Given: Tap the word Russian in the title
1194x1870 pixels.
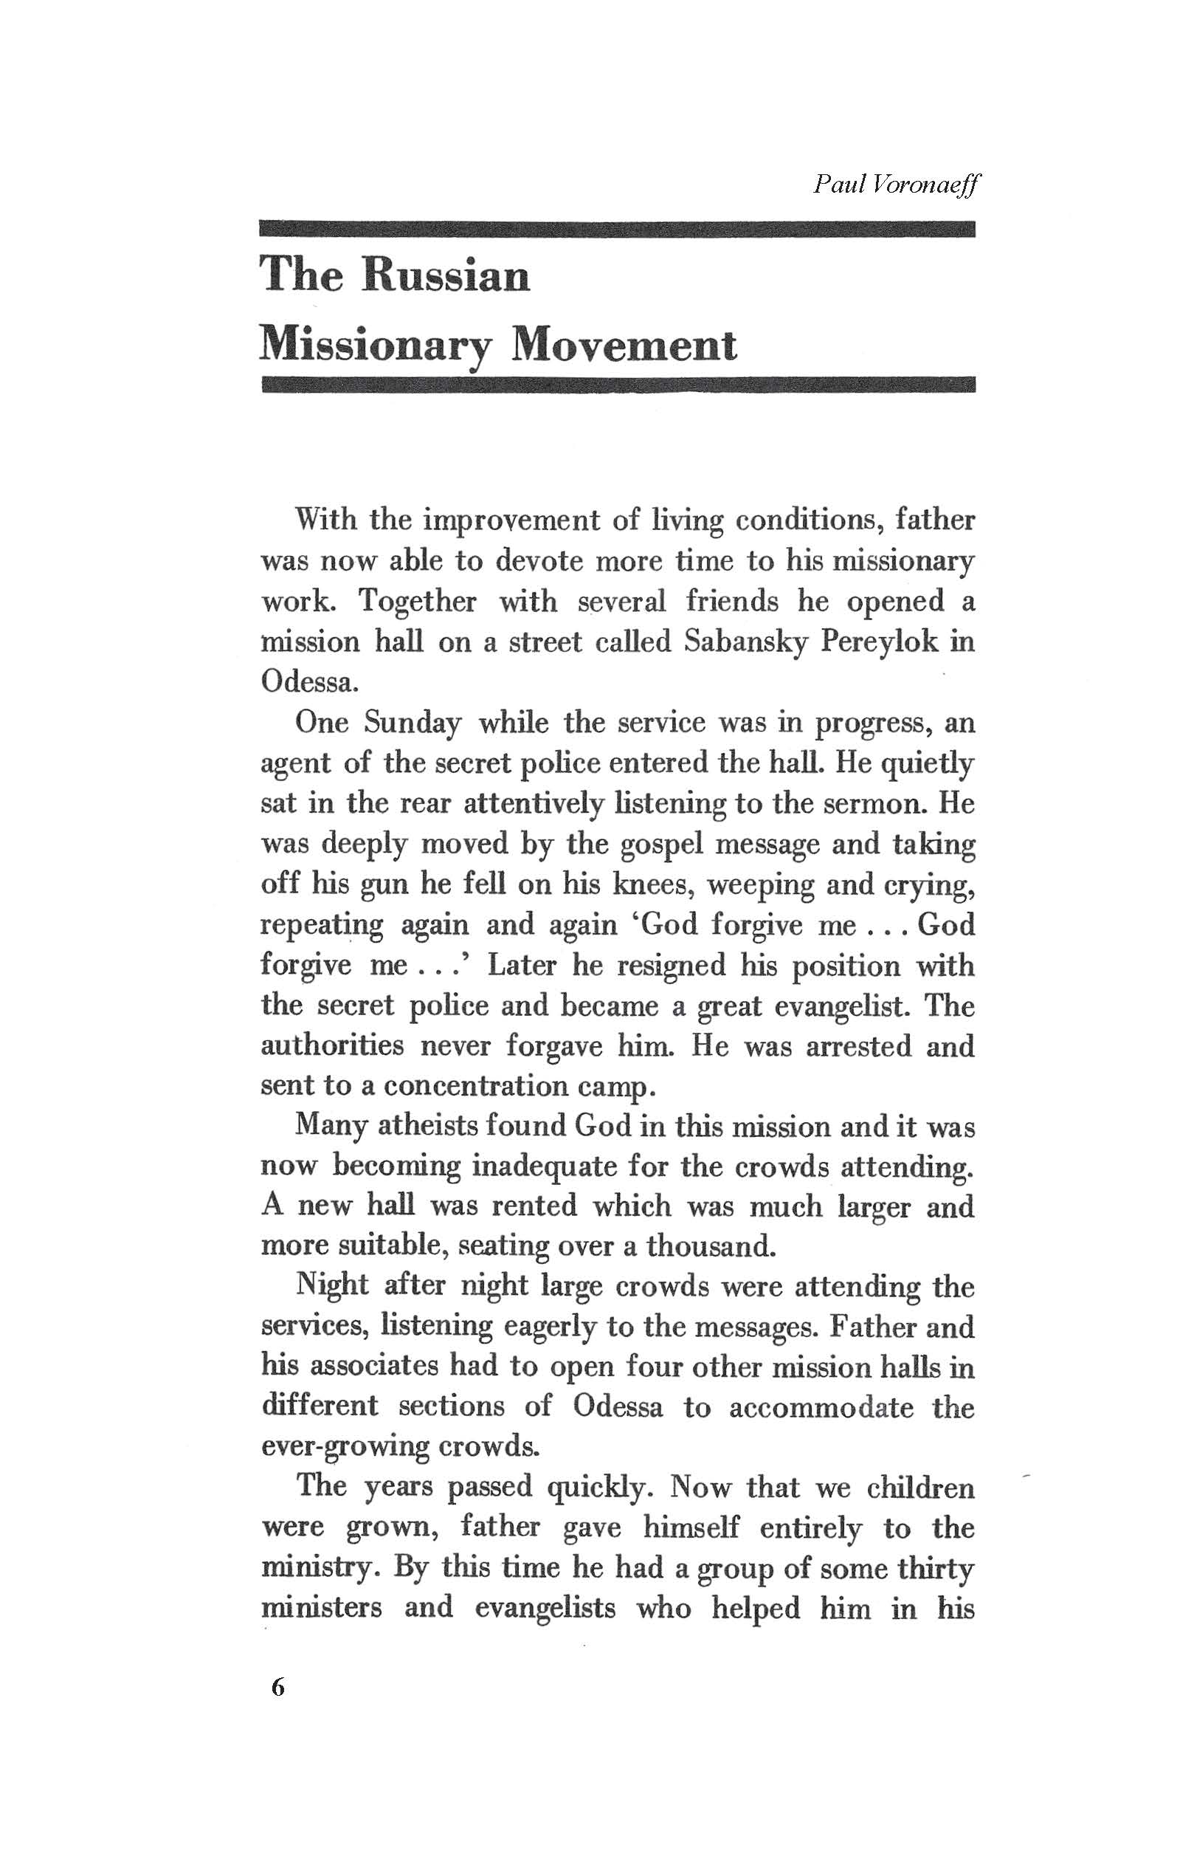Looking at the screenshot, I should point(446,275).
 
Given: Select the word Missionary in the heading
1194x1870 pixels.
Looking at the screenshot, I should point(376,346).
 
